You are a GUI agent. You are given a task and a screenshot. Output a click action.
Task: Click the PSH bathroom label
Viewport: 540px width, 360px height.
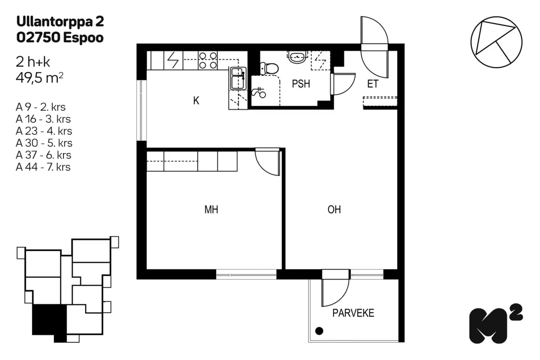click(301, 84)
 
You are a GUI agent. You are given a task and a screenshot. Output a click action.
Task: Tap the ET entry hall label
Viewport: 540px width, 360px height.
click(373, 84)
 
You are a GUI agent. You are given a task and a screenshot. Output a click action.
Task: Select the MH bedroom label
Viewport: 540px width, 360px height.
click(211, 210)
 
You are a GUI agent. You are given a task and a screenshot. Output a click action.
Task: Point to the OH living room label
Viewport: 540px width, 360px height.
click(334, 210)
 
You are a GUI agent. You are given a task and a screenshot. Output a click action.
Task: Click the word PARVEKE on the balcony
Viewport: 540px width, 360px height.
click(353, 313)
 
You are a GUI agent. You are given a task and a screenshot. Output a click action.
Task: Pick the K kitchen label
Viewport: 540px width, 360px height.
click(196, 100)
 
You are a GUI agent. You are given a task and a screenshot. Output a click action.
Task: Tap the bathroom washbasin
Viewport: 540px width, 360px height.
click(297, 57)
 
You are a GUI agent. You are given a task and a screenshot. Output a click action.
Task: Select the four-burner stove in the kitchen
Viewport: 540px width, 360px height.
click(208, 60)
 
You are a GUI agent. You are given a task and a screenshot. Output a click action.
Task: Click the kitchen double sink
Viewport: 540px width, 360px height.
click(238, 78)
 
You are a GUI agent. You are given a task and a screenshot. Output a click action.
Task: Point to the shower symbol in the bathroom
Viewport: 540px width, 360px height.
click(259, 93)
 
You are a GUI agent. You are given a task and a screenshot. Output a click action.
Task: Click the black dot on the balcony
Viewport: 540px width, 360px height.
click(319, 331)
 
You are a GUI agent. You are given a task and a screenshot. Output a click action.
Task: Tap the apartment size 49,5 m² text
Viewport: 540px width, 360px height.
click(40, 78)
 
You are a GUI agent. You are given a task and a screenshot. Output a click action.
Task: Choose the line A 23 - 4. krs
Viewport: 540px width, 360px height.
click(44, 131)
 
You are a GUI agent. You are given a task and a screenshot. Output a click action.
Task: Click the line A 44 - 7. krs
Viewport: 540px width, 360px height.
click(43, 167)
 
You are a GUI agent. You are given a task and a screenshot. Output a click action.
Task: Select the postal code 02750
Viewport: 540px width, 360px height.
click(38, 37)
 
